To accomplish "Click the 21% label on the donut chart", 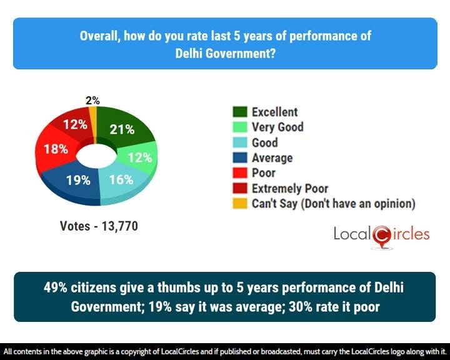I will (x=122, y=129).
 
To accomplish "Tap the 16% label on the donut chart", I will (x=121, y=180).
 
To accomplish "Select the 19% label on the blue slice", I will (x=79, y=180).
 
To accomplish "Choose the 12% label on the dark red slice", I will (x=74, y=125).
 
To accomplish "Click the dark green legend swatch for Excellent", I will (x=240, y=112).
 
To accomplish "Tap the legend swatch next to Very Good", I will (x=240, y=127).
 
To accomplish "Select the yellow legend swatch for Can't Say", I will (x=240, y=203).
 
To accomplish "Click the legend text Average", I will (x=272, y=158).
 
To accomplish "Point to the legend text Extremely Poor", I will (x=290, y=188).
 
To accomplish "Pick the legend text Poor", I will (x=264, y=173).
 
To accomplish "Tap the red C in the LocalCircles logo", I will (x=381, y=235).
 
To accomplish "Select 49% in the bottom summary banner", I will (x=57, y=289).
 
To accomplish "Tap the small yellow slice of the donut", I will (x=92, y=115).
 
